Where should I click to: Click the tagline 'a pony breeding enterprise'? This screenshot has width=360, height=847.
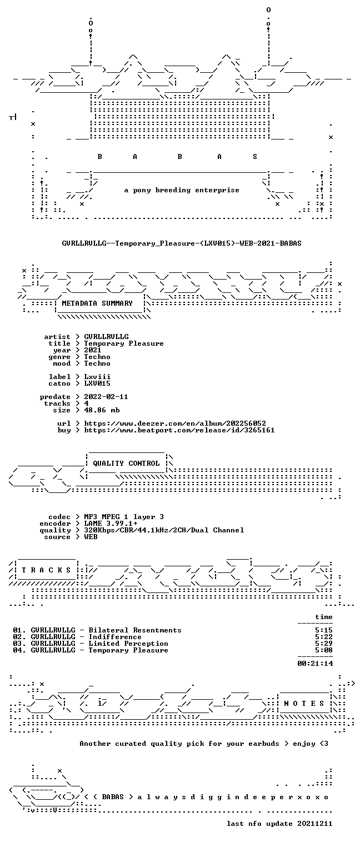click(x=182, y=190)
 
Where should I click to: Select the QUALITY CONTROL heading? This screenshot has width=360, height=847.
click(x=126, y=464)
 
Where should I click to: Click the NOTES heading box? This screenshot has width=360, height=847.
click(x=304, y=703)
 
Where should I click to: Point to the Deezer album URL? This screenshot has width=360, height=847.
click(x=175, y=423)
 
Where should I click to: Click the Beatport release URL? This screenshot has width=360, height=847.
click(x=179, y=430)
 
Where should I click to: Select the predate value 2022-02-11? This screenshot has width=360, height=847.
click(x=106, y=397)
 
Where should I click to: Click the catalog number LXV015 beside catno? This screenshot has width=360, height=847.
click(x=97, y=383)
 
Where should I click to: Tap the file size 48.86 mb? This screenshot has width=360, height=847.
click(x=102, y=410)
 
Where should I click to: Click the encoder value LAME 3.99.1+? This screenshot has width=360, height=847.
click(x=111, y=524)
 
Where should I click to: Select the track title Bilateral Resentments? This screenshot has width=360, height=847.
click(x=135, y=630)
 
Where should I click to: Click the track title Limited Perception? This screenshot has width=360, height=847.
click(x=128, y=644)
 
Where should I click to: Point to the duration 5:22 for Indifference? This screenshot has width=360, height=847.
click(x=324, y=637)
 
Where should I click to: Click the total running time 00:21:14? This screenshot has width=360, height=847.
click(x=315, y=663)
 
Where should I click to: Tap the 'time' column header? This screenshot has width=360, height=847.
click(x=324, y=617)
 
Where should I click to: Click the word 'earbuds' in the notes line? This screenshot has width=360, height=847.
click(x=263, y=744)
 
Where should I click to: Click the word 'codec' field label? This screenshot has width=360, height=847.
click(x=59, y=517)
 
